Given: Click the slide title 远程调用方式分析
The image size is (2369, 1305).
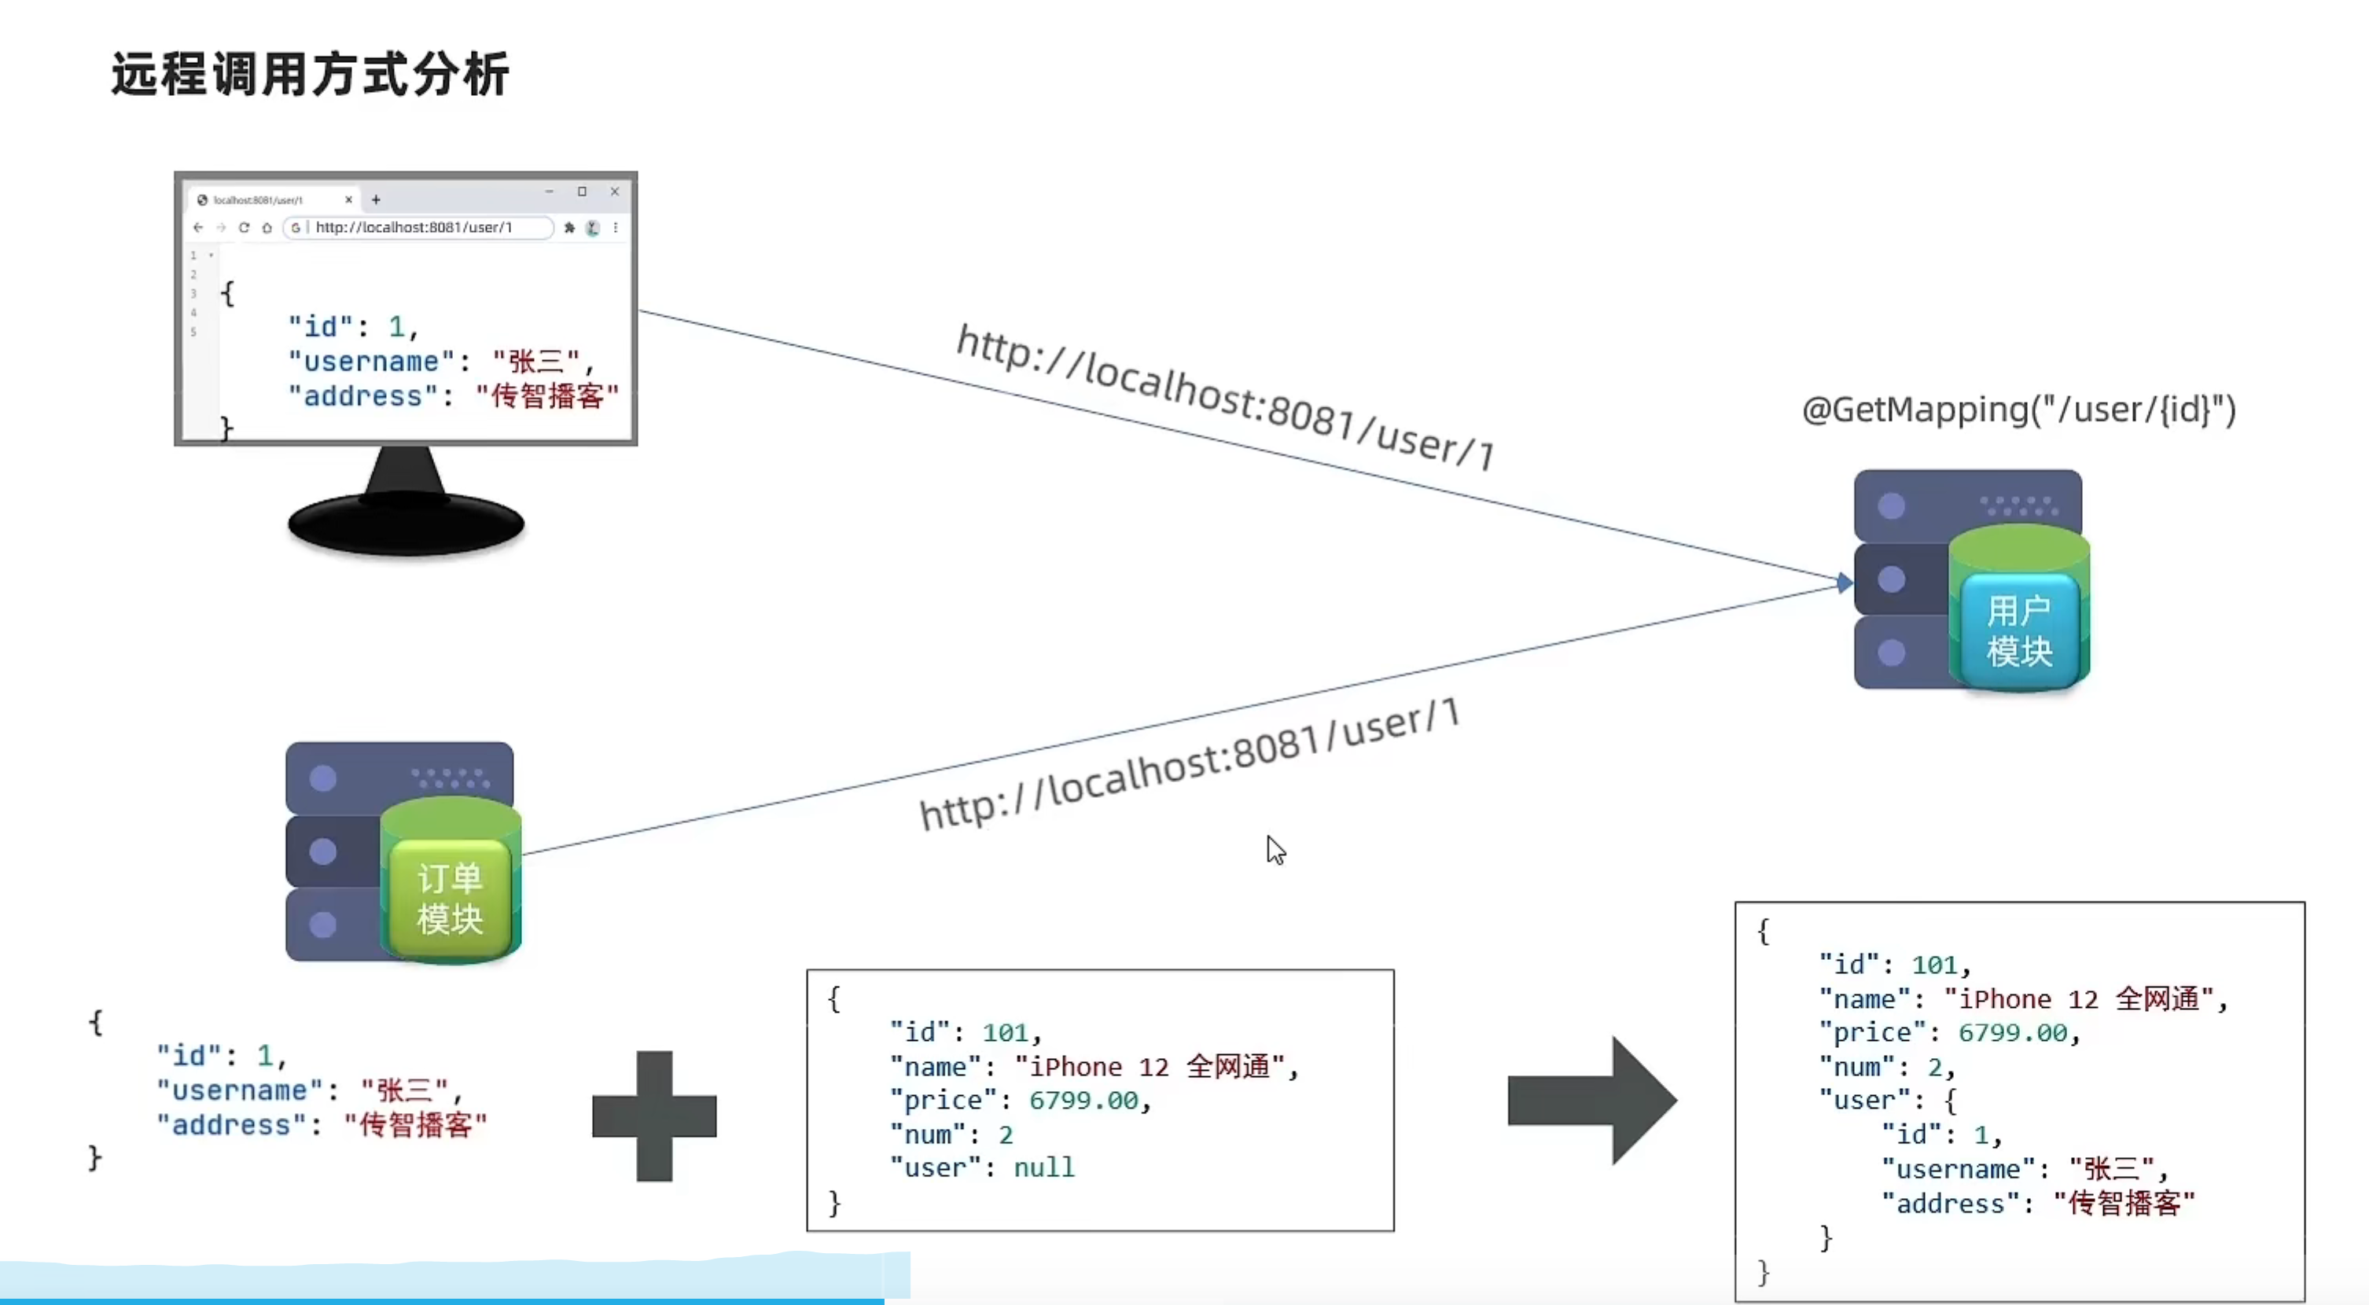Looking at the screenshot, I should pos(310,74).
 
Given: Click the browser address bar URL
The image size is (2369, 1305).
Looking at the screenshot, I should pos(414,227).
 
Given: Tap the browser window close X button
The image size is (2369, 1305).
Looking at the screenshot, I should pos(614,191).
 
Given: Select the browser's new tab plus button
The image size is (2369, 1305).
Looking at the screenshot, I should pos(375,200).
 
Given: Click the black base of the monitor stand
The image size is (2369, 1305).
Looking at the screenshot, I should pos(406,524).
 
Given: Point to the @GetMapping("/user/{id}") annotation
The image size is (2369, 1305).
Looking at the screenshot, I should pos(2018,410).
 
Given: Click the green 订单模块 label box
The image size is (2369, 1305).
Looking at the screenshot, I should pos(450,899).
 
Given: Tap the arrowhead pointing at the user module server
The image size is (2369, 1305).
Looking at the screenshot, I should pos(1844,583).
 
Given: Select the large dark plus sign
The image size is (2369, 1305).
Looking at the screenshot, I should pos(654,1116).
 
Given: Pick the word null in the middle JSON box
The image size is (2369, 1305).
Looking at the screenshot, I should pos(1044,1168).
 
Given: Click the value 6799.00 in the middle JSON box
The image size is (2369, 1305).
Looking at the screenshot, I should pos(1083,1101).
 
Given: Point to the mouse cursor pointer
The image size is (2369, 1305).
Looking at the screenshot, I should pos(1275,849).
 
